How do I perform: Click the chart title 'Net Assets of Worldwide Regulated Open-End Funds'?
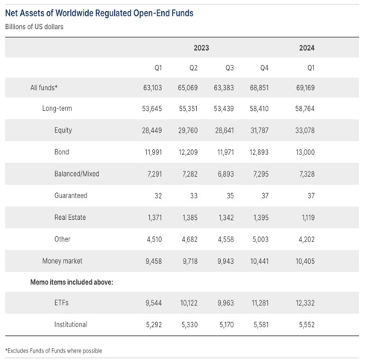99,13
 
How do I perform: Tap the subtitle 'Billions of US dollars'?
34,27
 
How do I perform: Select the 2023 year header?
201,48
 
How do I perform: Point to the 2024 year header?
307,48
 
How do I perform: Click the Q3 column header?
230,68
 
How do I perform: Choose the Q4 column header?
264,68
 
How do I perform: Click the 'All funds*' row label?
44,88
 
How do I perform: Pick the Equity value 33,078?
305,130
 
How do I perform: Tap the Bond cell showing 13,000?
305,152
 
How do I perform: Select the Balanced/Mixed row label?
77,174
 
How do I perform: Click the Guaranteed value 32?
158,196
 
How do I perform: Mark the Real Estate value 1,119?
308,218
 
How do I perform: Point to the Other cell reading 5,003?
260,239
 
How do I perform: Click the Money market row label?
62,261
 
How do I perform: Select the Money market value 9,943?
225,261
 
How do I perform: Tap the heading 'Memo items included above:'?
72,282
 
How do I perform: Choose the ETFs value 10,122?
189,303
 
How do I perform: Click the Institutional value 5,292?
154,325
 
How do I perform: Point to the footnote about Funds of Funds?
54,351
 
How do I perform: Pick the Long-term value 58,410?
259,109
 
